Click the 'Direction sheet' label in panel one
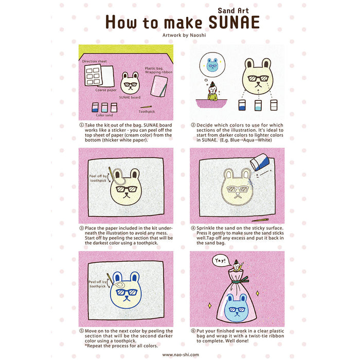point(94,61)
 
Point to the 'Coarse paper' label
point(105,89)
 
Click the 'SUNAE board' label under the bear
point(130,97)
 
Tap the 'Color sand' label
point(104,115)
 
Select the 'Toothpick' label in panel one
point(147,112)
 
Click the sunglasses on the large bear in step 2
point(259,79)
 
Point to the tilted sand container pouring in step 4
point(260,163)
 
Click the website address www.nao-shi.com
point(180,354)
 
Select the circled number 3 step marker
point(81,228)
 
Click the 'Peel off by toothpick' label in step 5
point(98,284)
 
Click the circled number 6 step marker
point(193,331)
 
